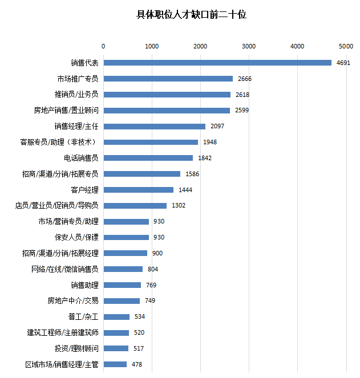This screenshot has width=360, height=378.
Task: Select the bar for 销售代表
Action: [217, 63]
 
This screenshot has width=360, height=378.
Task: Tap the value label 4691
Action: [343, 63]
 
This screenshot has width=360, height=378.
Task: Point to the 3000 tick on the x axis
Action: [249, 46]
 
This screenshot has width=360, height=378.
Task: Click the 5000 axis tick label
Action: [346, 46]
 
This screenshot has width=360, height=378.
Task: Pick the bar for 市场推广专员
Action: [168, 79]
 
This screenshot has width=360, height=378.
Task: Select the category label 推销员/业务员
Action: [76, 94]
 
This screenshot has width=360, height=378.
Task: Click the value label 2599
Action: [242, 110]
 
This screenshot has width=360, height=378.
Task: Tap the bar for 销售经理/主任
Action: [154, 126]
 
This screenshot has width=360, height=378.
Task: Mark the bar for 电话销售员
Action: [148, 158]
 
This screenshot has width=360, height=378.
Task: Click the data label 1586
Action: [192, 174]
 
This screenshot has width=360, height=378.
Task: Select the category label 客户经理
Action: [85, 190]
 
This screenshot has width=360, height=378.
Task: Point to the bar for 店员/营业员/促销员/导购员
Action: [135, 205]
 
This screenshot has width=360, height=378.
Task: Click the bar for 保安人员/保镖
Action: [126, 237]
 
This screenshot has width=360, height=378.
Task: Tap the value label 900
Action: [157, 253]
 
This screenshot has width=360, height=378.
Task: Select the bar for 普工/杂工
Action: [116, 316]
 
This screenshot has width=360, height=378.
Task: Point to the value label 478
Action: [137, 364]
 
